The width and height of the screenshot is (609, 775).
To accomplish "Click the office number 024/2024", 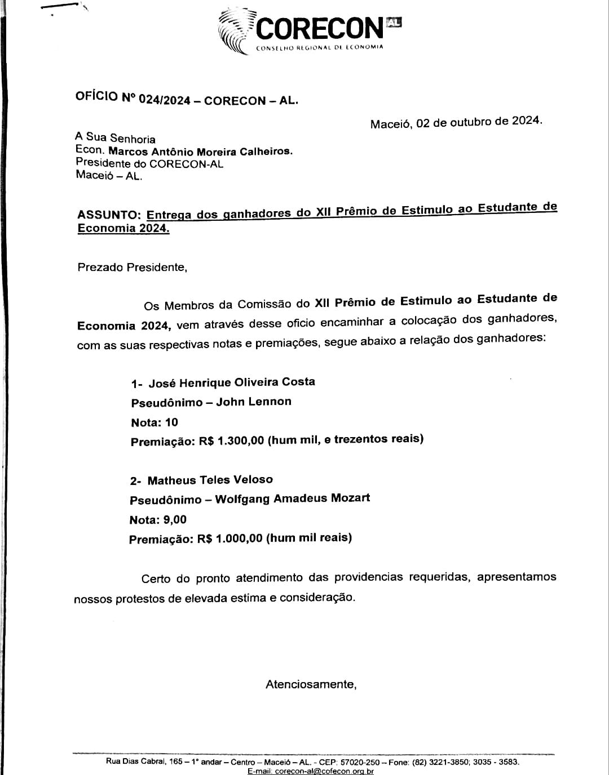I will tap(163, 100).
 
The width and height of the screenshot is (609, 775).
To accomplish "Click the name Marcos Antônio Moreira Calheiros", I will tap(201, 152).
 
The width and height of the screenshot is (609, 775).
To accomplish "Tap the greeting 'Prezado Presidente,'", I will tap(132, 267).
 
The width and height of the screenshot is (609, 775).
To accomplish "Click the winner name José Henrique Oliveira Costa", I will tap(231, 382).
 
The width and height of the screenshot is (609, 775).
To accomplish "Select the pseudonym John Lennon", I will tap(254, 402).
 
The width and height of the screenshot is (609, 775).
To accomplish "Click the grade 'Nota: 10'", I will tap(155, 422).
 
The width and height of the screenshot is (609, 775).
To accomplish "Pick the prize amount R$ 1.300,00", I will tap(231, 441).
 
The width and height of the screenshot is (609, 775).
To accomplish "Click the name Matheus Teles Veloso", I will tap(210, 480).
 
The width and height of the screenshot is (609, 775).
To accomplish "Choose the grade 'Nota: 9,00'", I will tap(158, 520).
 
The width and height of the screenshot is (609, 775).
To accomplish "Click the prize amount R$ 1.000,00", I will tap(230, 538).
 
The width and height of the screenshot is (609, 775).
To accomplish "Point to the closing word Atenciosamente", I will tap(311, 685).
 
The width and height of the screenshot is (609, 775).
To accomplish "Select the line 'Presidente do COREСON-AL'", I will tap(149, 164).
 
